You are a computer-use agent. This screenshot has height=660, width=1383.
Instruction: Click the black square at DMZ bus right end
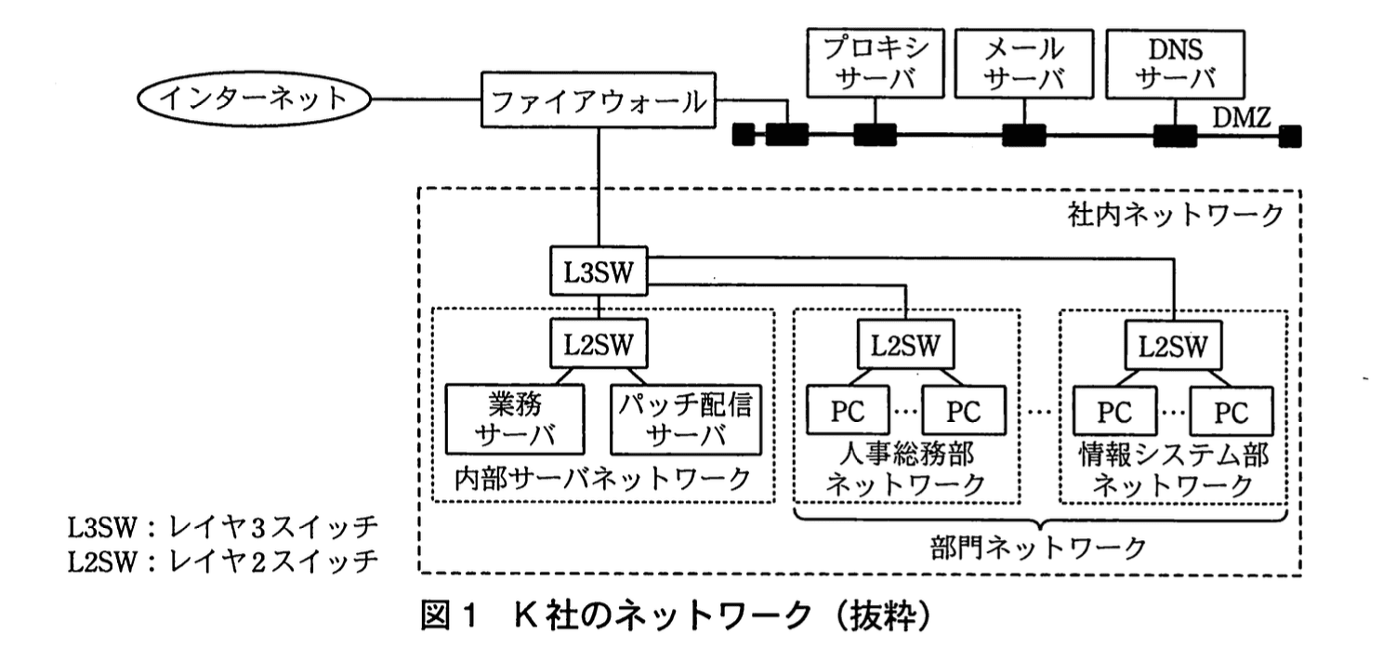(1289, 138)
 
